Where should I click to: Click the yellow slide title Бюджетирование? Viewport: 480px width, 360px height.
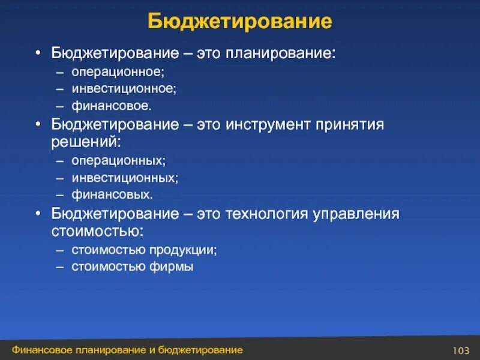(240, 22)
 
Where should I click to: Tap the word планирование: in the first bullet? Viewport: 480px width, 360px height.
(280, 54)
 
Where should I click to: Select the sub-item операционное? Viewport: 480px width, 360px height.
(118, 71)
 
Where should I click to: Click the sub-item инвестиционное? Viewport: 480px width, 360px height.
(124, 89)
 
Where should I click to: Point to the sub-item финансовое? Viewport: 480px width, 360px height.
(112, 106)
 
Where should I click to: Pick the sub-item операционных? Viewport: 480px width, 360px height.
(119, 161)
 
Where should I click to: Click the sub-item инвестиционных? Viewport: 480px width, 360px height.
(125, 178)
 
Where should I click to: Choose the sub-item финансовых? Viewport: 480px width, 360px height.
(112, 195)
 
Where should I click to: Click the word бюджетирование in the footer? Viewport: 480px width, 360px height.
(202, 350)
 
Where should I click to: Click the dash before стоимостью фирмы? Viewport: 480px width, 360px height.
(61, 267)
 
